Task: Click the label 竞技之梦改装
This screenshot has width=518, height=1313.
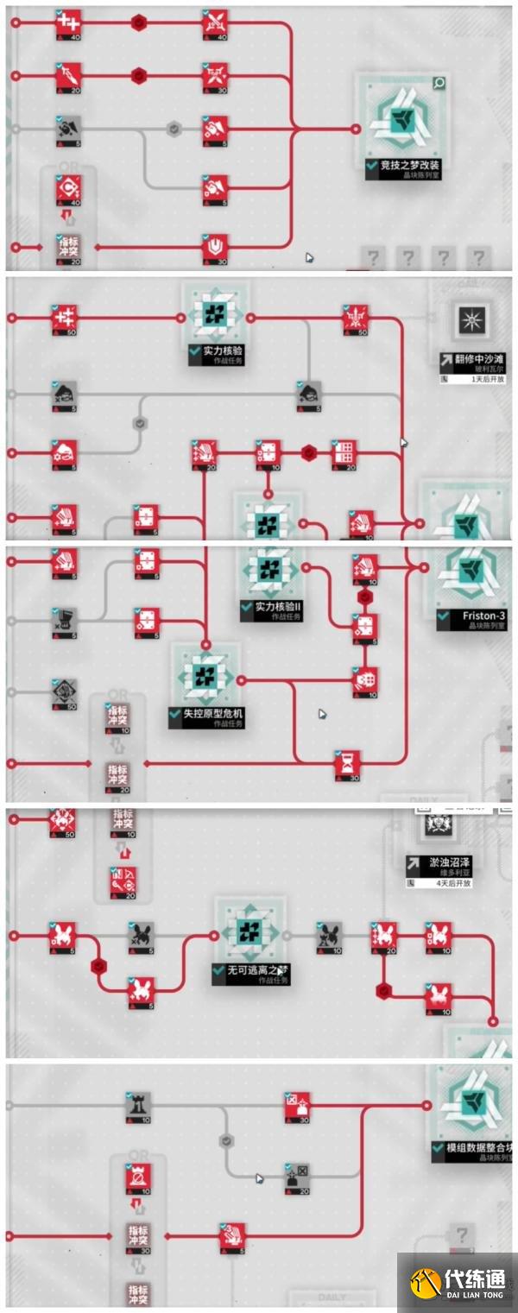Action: [405, 163]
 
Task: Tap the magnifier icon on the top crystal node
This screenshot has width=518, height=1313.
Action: [439, 83]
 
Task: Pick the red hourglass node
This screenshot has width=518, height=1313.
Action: [347, 763]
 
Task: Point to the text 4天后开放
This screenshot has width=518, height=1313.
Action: [448, 883]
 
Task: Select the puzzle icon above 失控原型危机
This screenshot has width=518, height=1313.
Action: [205, 674]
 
